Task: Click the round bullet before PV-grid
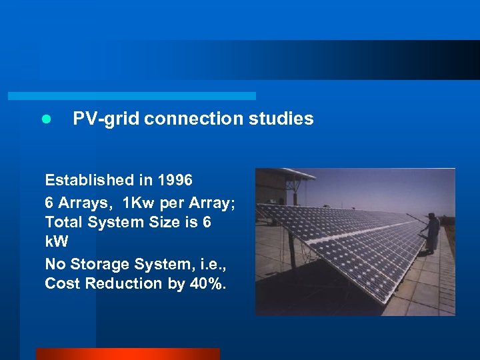(x=45, y=119)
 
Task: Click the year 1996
(x=175, y=180)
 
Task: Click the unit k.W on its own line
(x=56, y=243)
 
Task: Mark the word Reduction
(x=125, y=284)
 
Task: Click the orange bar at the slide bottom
(x=127, y=354)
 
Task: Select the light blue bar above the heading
(x=131, y=96)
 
